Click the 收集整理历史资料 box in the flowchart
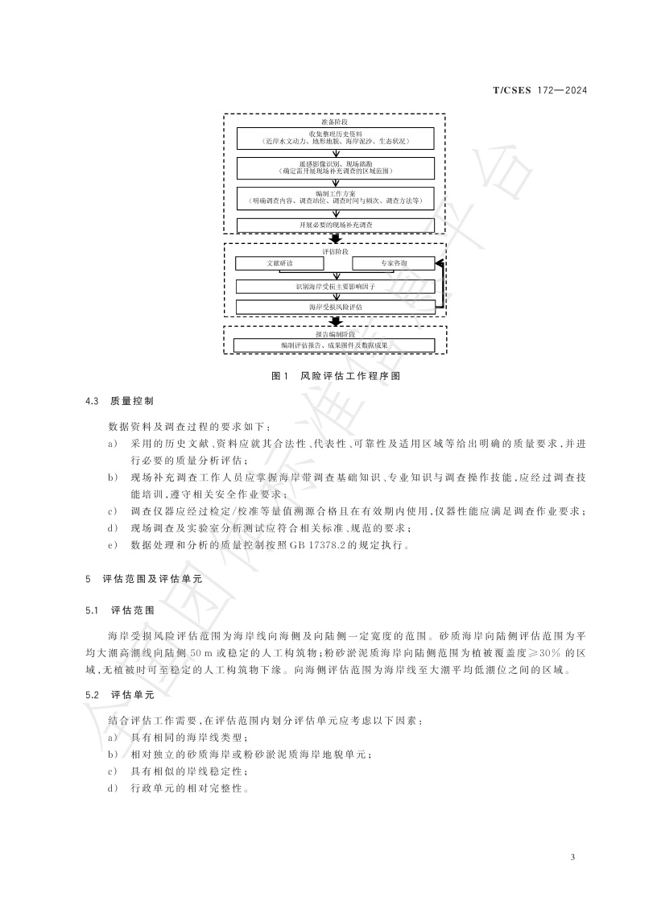click(x=335, y=137)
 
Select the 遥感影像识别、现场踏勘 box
click(x=335, y=167)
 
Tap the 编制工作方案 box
click(x=335, y=197)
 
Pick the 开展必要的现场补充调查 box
click(x=335, y=225)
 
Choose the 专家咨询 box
click(x=394, y=263)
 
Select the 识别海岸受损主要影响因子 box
click(x=335, y=286)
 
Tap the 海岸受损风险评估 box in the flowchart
click(x=335, y=307)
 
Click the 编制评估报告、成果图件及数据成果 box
click(x=335, y=345)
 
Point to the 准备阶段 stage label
click(x=335, y=121)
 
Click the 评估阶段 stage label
click(x=335, y=251)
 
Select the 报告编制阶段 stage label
click(x=335, y=333)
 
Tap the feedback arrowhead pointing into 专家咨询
click(x=437, y=263)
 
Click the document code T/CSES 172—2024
click(x=539, y=90)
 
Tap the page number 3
click(x=572, y=857)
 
